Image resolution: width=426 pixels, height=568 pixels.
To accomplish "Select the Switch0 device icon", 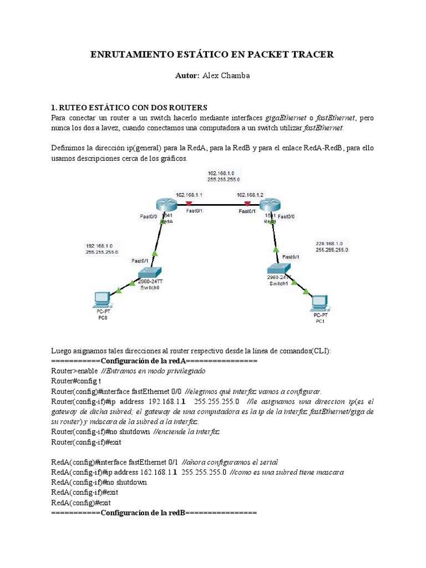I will (150, 272).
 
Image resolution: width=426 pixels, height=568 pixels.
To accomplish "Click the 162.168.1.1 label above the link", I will (189, 195).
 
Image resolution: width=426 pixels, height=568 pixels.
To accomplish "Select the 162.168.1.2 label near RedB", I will (250, 195).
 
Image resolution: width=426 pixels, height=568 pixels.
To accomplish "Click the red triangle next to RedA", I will (190, 204).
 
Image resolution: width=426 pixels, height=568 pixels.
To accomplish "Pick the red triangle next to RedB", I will (247, 204).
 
